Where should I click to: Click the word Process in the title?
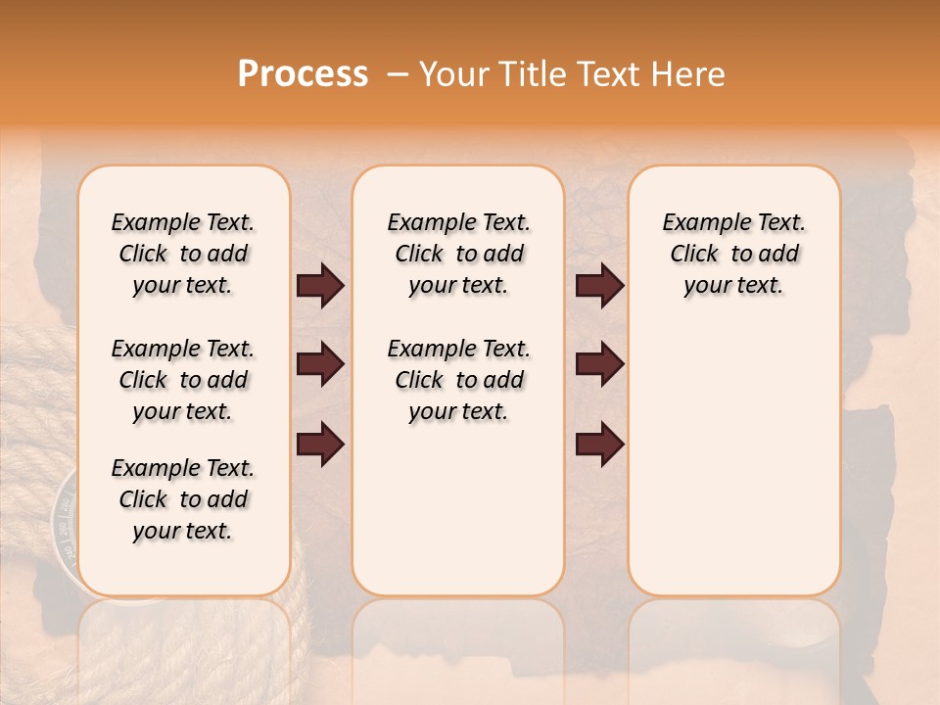click(x=303, y=74)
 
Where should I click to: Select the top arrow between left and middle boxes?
click(x=320, y=286)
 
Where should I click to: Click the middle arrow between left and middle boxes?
click(x=320, y=365)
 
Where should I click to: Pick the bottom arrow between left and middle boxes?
click(x=320, y=444)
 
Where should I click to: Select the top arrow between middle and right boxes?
click(x=599, y=286)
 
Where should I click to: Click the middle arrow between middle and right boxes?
click(x=599, y=365)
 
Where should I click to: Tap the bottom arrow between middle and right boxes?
click(x=599, y=444)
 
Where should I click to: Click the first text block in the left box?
click(x=183, y=254)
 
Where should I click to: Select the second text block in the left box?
click(x=183, y=380)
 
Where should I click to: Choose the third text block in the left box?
click(x=183, y=499)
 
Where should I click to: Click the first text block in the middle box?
click(x=458, y=254)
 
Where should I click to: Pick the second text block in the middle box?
click(x=458, y=380)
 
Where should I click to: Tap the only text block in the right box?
click(x=733, y=254)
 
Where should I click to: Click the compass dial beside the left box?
click(x=63, y=524)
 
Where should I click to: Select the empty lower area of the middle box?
click(x=458, y=509)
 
